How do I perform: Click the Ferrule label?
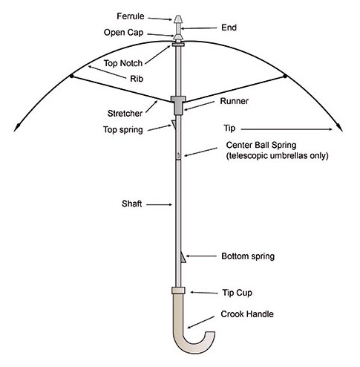[x=131, y=16]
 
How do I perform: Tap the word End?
[x=229, y=27]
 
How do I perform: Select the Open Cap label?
[x=123, y=33]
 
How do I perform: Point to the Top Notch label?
[x=123, y=63]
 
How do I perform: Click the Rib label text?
[x=137, y=79]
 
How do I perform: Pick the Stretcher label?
[x=125, y=114]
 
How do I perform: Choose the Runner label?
[x=235, y=101]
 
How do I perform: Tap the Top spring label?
[x=123, y=130]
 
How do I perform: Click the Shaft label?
[x=132, y=204]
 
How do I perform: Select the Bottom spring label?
[x=248, y=256]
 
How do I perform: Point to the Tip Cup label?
[x=237, y=293]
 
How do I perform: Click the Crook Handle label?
[x=247, y=314]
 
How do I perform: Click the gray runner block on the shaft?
[x=178, y=105]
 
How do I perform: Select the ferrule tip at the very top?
[x=178, y=19]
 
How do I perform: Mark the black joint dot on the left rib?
[x=71, y=76]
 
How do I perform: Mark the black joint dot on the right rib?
[x=285, y=76]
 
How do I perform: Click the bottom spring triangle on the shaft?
[x=183, y=257]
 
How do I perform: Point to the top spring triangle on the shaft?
[x=174, y=125]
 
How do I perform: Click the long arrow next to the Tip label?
[x=287, y=129]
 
